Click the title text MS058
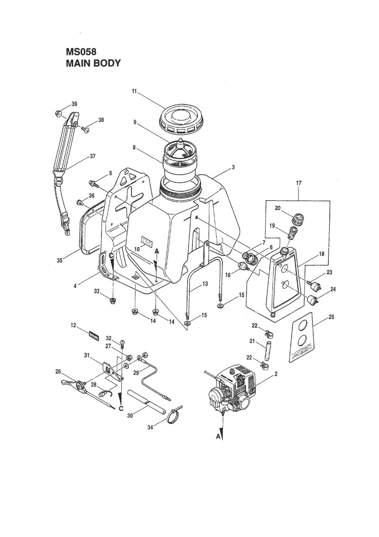click(81, 52)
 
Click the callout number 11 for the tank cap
click(134, 91)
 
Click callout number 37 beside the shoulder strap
click(92, 156)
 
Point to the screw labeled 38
click(85, 129)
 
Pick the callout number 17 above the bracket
click(299, 182)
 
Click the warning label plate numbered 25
click(304, 341)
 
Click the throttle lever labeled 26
click(72, 384)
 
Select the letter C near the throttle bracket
click(121, 408)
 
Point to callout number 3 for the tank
click(233, 167)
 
